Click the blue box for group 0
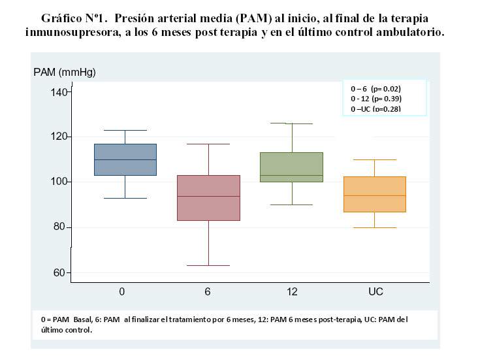coord(125,159)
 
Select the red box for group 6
coord(208,198)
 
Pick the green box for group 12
coord(292,167)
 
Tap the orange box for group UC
coord(375,194)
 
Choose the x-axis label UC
coord(375,292)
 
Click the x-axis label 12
coord(291,292)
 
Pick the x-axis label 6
coord(208,292)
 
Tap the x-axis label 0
coord(122,292)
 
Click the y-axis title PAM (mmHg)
coord(65,73)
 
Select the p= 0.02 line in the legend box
coord(375,88)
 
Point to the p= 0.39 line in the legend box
coord(375,99)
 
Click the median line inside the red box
coord(208,196)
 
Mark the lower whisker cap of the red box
coord(208,265)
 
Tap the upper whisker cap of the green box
coord(292,123)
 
